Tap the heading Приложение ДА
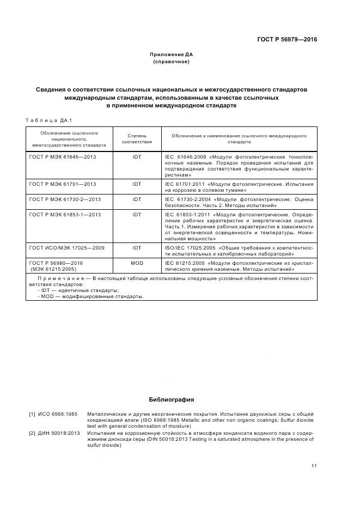tap(171, 54)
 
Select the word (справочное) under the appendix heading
tap(171, 62)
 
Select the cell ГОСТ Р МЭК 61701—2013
tap(63, 184)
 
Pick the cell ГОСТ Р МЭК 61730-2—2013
tap(65, 199)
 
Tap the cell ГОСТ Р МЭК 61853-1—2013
tap(65, 214)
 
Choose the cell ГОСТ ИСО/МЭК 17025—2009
tap(66, 247)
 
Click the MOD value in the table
tap(136, 263)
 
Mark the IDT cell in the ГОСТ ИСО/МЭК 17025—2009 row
tap(136, 247)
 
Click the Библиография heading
tap(171, 399)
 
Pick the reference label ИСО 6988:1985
tap(57, 414)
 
